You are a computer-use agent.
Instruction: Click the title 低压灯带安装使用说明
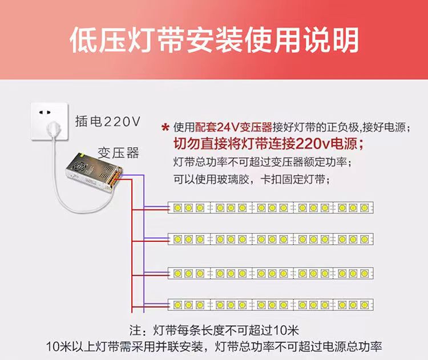click(214, 40)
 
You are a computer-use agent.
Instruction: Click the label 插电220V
click(107, 122)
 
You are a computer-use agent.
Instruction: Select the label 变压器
click(118, 152)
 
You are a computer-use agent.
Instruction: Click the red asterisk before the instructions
click(165, 127)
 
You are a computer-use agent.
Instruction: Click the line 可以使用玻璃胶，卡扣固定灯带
click(251, 179)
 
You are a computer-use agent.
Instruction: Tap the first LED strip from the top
click(271, 208)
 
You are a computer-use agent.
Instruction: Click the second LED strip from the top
click(271, 238)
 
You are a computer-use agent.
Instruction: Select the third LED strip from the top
click(271, 273)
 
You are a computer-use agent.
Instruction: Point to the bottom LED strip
click(271, 303)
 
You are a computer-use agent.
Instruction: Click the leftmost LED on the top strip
click(177, 208)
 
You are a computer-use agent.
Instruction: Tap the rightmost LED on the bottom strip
click(364, 303)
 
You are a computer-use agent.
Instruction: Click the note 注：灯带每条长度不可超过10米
click(214, 331)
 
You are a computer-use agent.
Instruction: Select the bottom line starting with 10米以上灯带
click(214, 346)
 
